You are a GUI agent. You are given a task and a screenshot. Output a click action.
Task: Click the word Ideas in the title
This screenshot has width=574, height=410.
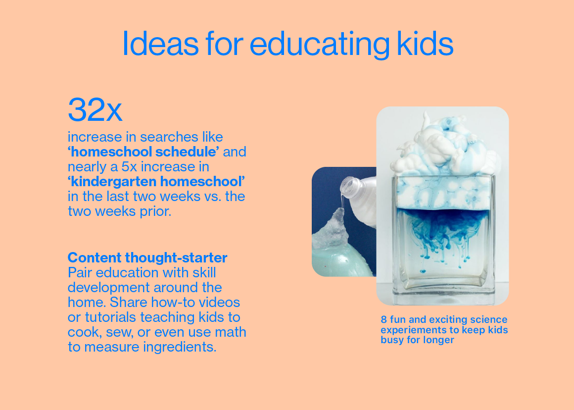tap(160, 44)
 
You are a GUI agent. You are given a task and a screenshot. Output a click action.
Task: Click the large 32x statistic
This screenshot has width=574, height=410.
tap(95, 109)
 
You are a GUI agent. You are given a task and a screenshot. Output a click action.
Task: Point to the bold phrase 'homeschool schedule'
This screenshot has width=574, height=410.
tap(143, 152)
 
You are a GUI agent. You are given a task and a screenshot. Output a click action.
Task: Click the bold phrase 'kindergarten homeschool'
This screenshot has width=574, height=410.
tap(156, 181)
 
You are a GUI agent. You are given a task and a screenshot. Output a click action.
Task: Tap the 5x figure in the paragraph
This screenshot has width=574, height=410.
tap(129, 167)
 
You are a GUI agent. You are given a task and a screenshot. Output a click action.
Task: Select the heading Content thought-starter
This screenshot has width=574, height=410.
tap(147, 257)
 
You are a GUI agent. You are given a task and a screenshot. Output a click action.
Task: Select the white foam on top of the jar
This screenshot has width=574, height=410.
tap(444, 147)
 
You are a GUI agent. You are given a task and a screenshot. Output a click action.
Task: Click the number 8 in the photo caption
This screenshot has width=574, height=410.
tap(383, 320)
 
